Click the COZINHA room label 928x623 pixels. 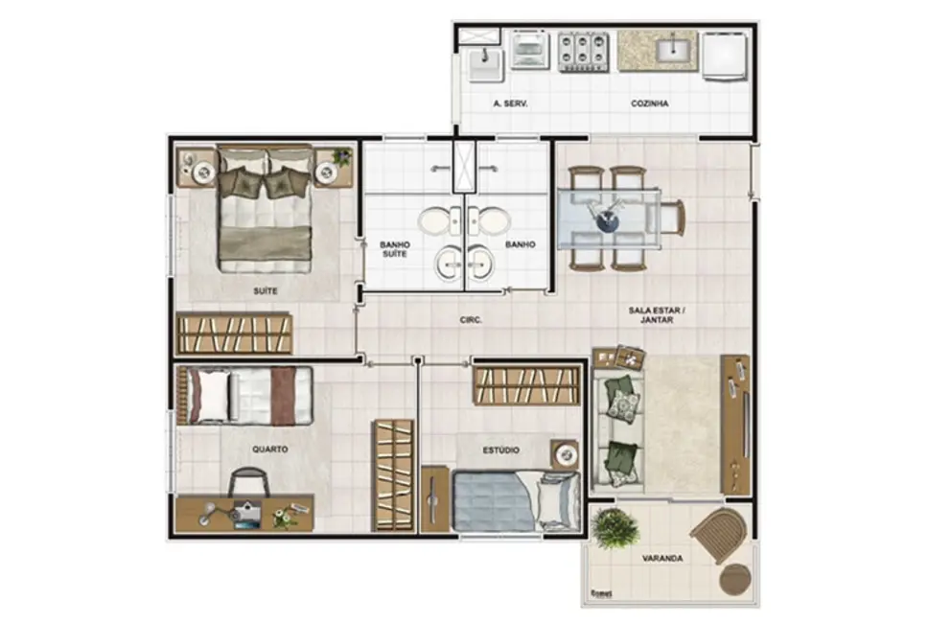pyautogui.click(x=649, y=104)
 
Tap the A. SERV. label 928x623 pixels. pyautogui.click(x=510, y=104)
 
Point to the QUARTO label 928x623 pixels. pyautogui.click(x=269, y=449)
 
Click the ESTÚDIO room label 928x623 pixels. pyautogui.click(x=500, y=449)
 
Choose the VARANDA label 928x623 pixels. pyautogui.click(x=662, y=558)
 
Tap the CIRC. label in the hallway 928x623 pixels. pyautogui.click(x=471, y=321)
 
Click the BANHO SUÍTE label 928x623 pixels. pyautogui.click(x=394, y=249)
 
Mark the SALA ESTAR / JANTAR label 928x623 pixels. pyautogui.click(x=657, y=315)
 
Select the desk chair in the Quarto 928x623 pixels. pyautogui.click(x=249, y=481)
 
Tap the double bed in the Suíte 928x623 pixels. pyautogui.click(x=265, y=208)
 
